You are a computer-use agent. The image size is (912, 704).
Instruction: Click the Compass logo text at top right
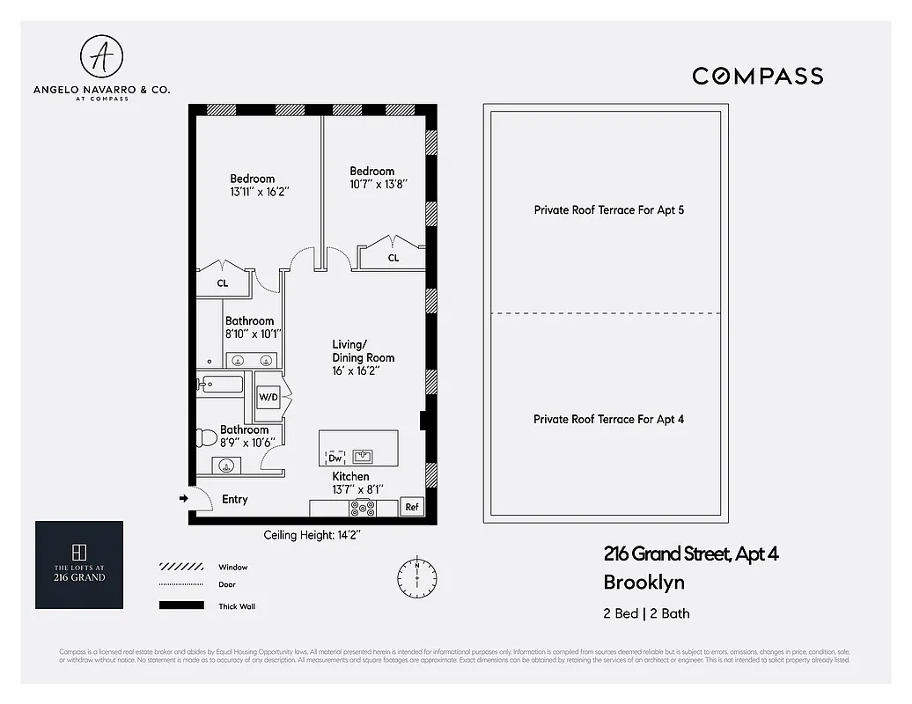757,76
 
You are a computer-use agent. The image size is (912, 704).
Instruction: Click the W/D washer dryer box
268,398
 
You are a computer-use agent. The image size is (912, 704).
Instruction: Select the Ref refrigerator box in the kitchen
411,507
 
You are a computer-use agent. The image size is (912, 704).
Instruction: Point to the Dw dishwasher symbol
335,458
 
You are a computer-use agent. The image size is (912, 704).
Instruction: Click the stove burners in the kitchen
362,508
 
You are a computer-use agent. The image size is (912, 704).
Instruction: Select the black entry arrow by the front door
184,498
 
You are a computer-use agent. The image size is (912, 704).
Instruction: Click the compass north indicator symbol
416,576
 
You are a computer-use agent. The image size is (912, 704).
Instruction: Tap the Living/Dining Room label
363,351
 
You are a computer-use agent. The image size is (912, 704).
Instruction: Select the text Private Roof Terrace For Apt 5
608,210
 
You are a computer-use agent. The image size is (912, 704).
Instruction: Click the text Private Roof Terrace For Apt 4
608,419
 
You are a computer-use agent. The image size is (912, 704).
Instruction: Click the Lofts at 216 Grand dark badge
79,565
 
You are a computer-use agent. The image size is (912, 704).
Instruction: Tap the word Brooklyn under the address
644,582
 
